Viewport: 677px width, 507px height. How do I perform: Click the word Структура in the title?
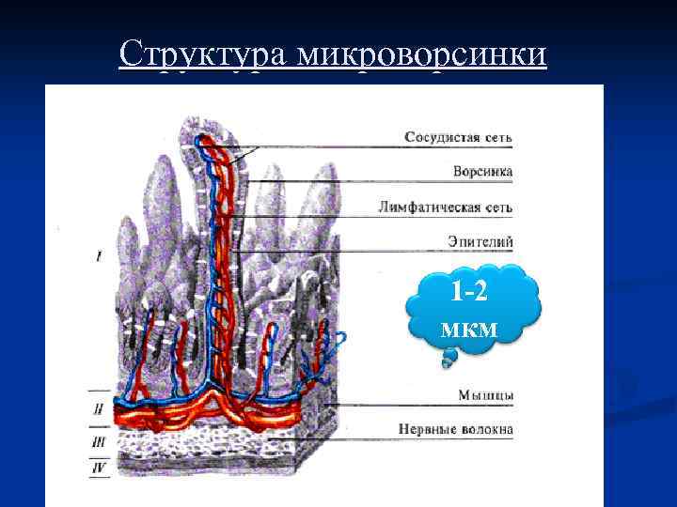[202, 54]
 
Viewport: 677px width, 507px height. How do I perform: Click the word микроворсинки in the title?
[420, 54]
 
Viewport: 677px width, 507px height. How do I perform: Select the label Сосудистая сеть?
[459, 137]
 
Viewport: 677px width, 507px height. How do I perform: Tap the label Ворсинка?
[483, 172]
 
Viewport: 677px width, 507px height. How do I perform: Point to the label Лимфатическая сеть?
[446, 207]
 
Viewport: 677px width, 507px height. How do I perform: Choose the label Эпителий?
[482, 241]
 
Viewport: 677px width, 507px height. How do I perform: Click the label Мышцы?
[486, 395]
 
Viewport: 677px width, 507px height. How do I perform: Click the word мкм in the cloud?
[467, 328]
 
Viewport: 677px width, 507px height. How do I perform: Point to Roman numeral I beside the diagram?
[99, 255]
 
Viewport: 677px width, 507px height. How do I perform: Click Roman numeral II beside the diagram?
[98, 409]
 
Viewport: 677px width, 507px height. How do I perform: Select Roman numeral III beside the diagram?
[98, 440]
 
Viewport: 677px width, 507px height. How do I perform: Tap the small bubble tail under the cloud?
[449, 357]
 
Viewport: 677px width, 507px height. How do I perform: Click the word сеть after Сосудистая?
[496, 137]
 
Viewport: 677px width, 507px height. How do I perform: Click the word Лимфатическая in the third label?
[430, 207]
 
